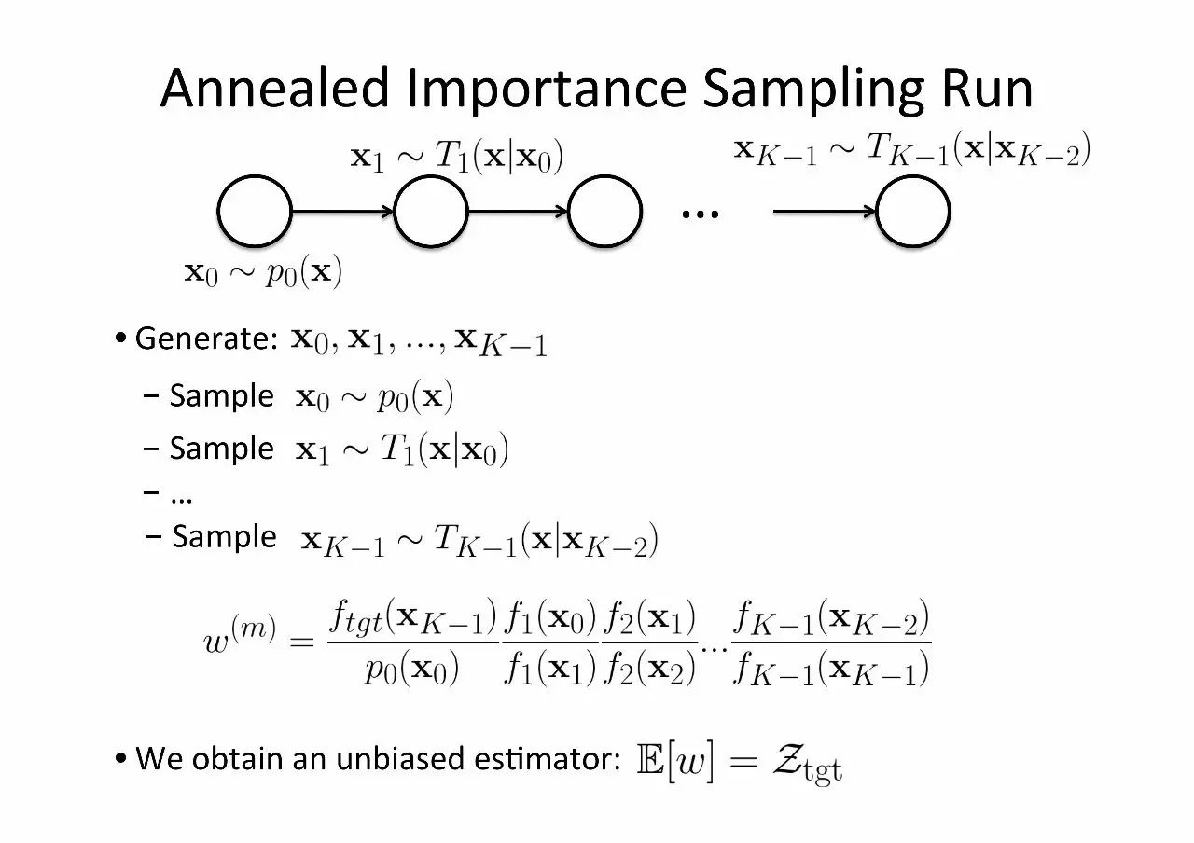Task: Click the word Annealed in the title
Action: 274,90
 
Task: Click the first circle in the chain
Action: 255,212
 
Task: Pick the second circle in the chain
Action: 431,212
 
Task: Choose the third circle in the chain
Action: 605,212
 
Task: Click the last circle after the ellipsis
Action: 913,212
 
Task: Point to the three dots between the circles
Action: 701,214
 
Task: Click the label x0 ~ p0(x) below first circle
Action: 263,273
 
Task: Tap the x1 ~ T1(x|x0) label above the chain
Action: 456,157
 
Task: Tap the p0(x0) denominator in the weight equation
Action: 411,670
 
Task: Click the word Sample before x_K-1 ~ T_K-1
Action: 224,537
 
